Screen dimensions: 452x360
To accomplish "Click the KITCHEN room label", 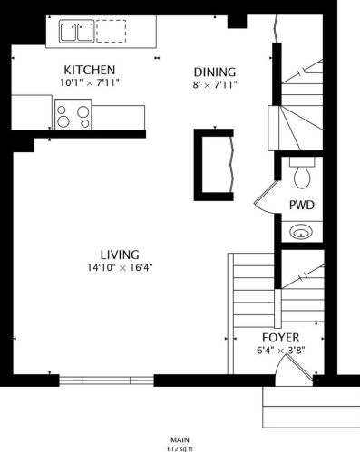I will tap(89, 70).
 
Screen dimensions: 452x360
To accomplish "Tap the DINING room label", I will tap(215, 72).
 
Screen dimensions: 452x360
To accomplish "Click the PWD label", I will tap(301, 205).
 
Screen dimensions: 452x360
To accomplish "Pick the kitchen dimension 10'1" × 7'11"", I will tap(89, 83).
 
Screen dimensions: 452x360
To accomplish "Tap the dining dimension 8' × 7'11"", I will tap(215, 86).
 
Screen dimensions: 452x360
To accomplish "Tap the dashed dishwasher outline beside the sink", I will tap(111, 34).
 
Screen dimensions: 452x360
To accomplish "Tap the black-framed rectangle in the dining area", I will tap(214, 161).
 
